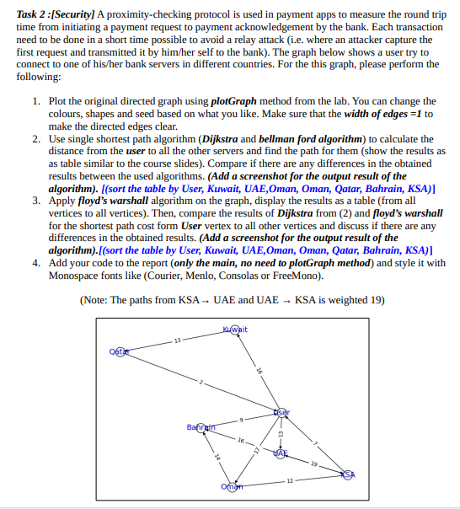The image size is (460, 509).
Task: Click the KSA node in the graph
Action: [x=347, y=475]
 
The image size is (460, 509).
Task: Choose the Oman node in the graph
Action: [x=230, y=487]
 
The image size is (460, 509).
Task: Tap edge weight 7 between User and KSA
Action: [x=314, y=442]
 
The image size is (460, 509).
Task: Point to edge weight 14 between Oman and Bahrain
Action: [x=216, y=457]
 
